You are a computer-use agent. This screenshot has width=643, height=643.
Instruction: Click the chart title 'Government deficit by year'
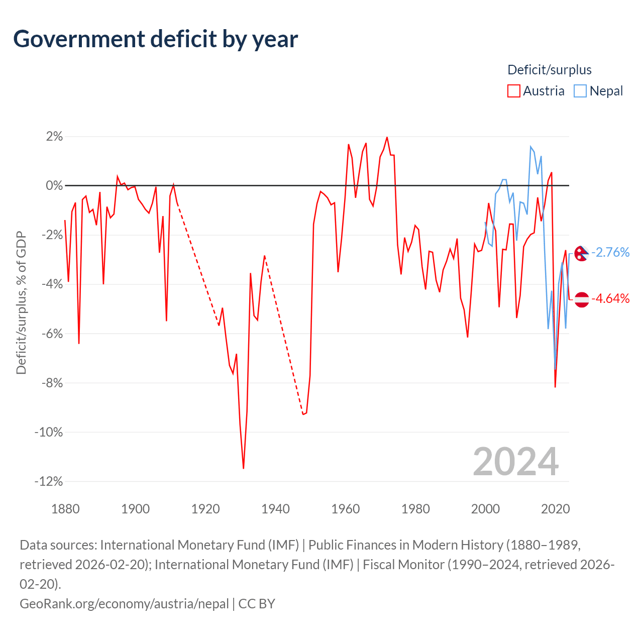click(x=155, y=39)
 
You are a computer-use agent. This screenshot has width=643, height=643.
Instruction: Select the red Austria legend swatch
click(x=513, y=91)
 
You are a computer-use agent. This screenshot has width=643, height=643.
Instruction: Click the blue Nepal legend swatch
click(x=580, y=91)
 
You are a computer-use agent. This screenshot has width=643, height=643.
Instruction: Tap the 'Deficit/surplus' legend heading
click(x=549, y=70)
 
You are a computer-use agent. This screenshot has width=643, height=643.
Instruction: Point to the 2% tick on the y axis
click(x=54, y=137)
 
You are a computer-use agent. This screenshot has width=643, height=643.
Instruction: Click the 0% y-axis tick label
click(x=54, y=185)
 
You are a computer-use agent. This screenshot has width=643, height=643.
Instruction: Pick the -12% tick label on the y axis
click(x=49, y=482)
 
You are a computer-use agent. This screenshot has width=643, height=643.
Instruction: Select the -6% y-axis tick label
click(x=52, y=334)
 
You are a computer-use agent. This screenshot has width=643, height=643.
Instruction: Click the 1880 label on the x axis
click(x=65, y=509)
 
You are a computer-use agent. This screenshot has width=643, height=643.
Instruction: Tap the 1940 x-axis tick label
click(x=275, y=509)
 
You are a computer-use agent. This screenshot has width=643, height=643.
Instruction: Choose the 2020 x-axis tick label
click(x=555, y=509)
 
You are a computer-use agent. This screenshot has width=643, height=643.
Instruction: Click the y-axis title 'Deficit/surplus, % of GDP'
click(x=22, y=302)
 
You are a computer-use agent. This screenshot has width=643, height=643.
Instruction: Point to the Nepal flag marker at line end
click(x=582, y=253)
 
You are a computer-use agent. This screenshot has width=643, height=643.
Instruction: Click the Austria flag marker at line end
click(x=582, y=299)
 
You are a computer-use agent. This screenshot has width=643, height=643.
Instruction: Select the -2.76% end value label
click(x=610, y=253)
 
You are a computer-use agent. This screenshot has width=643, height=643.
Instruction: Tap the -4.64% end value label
click(x=610, y=298)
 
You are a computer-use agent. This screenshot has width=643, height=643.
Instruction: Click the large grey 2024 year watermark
click(x=516, y=462)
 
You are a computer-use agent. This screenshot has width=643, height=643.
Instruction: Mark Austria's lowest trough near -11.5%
click(x=244, y=468)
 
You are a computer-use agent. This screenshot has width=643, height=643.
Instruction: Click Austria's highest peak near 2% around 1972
click(x=387, y=137)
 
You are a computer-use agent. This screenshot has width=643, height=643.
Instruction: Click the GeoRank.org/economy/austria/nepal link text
click(x=124, y=604)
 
